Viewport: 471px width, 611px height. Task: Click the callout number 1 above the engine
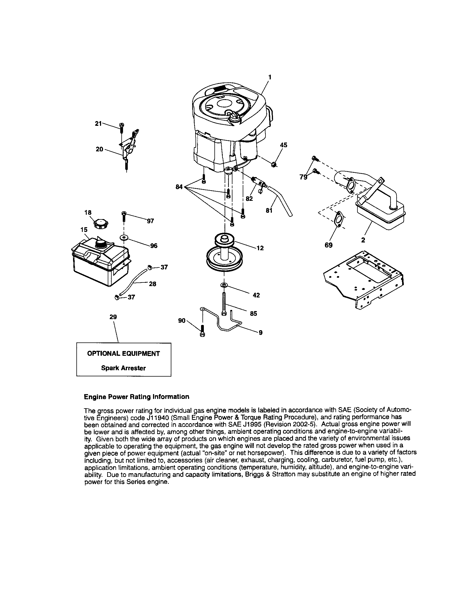(x=270, y=77)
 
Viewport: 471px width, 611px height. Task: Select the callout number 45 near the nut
(x=284, y=145)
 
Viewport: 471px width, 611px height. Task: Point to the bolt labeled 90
(x=203, y=331)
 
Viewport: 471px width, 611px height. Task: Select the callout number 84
(x=179, y=187)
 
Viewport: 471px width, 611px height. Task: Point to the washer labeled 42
(x=224, y=285)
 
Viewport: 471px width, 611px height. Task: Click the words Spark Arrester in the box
(x=123, y=368)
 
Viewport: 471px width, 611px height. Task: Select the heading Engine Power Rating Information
(x=136, y=397)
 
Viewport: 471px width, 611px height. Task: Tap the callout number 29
(x=113, y=317)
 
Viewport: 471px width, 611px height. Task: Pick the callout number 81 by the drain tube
(x=269, y=211)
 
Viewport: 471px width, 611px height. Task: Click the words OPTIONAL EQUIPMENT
(x=123, y=354)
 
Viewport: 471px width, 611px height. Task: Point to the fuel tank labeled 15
(x=101, y=263)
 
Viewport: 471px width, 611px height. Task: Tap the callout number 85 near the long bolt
(x=253, y=314)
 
